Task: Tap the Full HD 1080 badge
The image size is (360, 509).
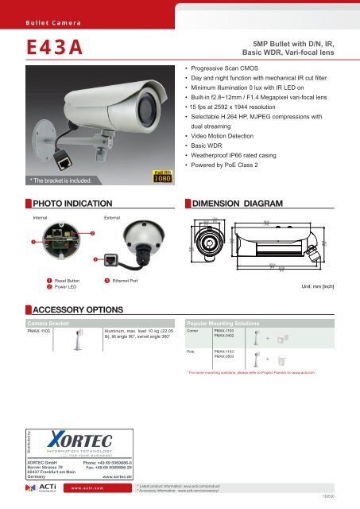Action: (157, 175)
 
